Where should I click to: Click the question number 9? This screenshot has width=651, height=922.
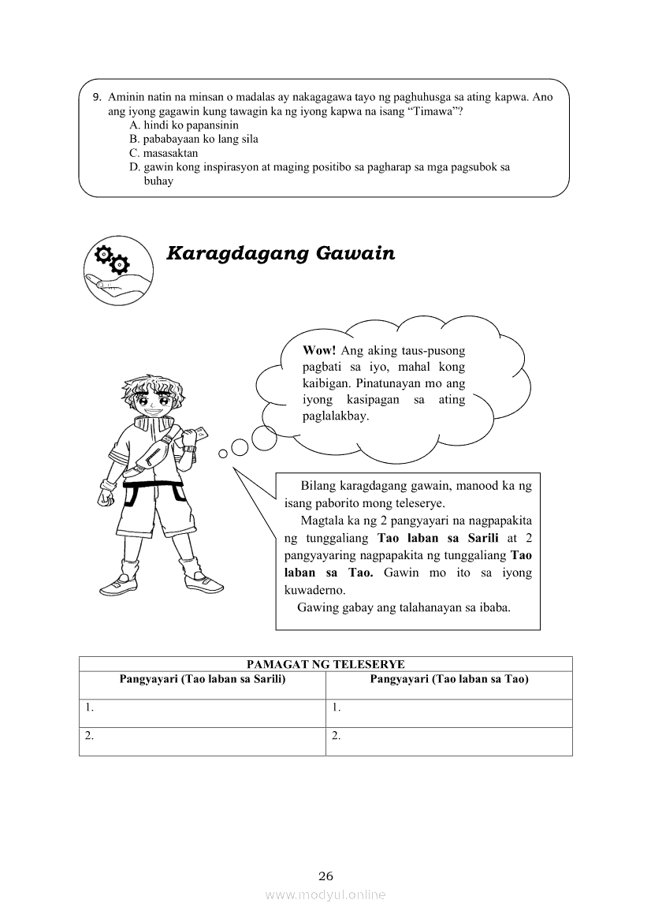[96, 97]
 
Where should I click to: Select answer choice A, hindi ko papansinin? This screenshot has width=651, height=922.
[184, 125]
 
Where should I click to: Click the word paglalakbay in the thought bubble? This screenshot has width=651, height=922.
[336, 416]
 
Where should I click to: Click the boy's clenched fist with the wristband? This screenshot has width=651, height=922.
[106, 498]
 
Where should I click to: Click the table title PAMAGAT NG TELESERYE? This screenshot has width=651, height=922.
[325, 664]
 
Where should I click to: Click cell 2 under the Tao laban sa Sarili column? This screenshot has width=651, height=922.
[203, 741]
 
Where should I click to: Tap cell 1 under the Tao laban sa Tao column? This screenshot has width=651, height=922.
[449, 713]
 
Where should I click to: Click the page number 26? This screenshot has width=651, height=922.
[326, 875]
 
